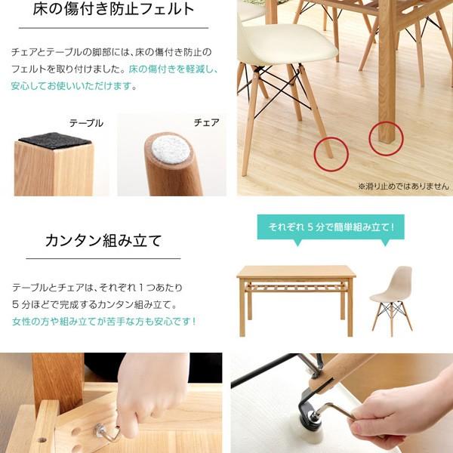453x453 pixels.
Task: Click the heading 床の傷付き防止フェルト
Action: [113, 8]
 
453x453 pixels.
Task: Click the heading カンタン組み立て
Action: [103, 241]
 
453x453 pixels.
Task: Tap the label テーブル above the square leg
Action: [86, 123]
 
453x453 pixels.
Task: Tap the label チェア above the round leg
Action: [206, 122]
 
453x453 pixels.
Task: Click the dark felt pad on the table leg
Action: [55, 140]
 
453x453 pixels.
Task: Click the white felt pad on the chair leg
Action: [170, 149]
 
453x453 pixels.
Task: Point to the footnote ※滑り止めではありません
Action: [403, 186]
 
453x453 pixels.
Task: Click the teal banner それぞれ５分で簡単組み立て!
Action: [331, 227]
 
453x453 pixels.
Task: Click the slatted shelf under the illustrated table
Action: [296, 288]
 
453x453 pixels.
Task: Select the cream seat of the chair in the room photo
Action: [288, 43]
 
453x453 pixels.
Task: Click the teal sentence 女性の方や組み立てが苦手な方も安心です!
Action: [104, 321]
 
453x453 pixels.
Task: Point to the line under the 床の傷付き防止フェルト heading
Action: [113, 28]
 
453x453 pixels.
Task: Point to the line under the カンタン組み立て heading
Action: [103, 258]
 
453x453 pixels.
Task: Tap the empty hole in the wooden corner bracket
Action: [42, 440]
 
